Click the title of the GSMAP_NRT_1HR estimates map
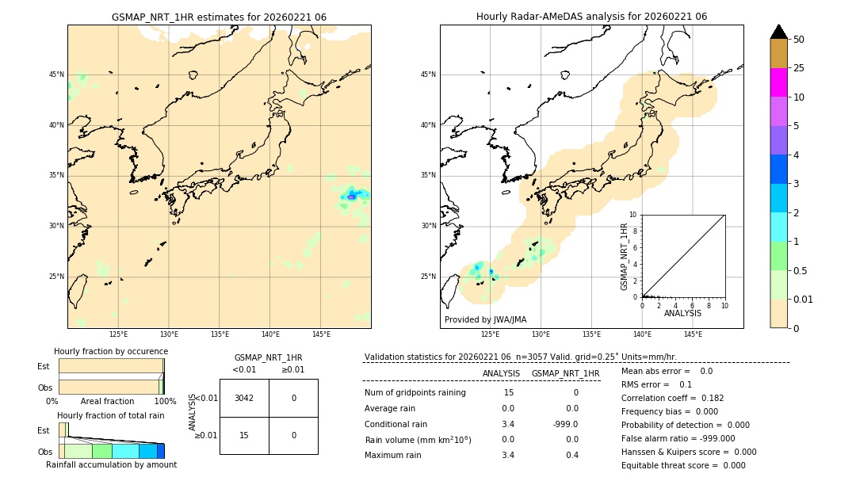(219, 17)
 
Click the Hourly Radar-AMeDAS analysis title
(591, 17)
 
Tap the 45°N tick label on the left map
(56, 74)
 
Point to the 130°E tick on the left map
(169, 334)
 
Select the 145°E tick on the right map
(693, 334)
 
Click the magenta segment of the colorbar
(778, 82)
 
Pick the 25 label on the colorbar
(799, 68)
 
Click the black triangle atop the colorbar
(778, 32)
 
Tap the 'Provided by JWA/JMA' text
(485, 320)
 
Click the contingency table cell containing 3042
(244, 398)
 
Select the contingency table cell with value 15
(244, 435)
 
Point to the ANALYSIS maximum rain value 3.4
(508, 455)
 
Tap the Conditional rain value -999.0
(565, 424)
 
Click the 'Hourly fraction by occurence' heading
(111, 351)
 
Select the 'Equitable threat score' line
(683, 465)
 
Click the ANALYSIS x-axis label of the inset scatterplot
(682, 313)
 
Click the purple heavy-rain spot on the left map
(352, 196)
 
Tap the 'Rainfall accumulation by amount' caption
(111, 465)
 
